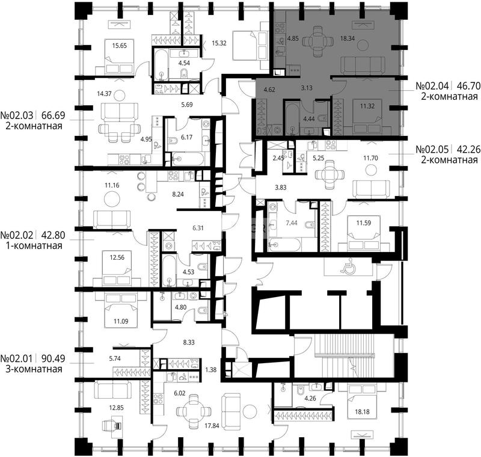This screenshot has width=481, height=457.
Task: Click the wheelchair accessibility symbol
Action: (x=349, y=268)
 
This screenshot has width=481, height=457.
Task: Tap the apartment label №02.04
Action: (x=432, y=86)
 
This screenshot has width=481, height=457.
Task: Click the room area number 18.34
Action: (x=348, y=38)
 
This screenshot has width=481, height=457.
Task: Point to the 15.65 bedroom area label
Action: (x=119, y=46)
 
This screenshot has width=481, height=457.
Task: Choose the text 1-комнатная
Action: (x=34, y=246)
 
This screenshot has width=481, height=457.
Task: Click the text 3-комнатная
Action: (x=34, y=369)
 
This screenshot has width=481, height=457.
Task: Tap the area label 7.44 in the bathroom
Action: (x=292, y=223)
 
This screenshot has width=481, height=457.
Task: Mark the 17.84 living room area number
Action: (x=212, y=425)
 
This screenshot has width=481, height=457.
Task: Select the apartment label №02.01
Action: (x=17, y=358)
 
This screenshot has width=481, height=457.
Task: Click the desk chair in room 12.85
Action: (x=112, y=425)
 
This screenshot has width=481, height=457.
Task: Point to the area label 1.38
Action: (x=211, y=370)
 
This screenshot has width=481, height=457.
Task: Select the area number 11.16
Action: (x=112, y=185)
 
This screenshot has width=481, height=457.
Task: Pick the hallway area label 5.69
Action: (x=187, y=105)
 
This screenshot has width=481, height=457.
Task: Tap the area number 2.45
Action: (x=279, y=158)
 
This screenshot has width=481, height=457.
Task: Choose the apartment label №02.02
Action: (x=17, y=235)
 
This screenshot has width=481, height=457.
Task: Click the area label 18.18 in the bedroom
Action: (x=363, y=412)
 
